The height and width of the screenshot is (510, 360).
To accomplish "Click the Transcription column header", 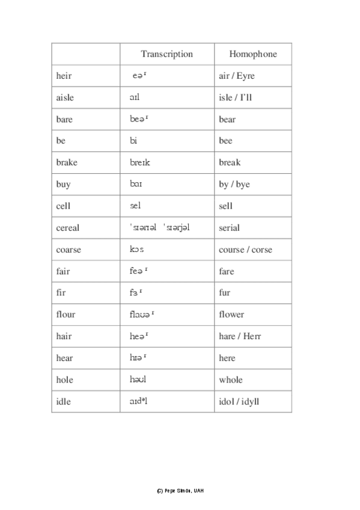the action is (166, 54).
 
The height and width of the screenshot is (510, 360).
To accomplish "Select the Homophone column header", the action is (253, 54).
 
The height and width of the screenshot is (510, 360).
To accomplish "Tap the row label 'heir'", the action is (63, 76).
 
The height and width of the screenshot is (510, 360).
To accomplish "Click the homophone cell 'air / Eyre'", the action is (237, 76).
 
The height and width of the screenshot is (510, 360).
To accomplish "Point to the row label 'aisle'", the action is (65, 97).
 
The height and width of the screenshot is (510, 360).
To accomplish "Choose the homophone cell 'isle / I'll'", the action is (235, 97).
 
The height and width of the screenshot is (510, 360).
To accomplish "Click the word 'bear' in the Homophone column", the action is (227, 119).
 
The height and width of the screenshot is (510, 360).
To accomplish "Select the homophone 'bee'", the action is (225, 141).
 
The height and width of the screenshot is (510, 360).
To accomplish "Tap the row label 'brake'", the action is (67, 162).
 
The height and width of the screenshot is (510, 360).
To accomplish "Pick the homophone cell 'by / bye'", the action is (234, 185).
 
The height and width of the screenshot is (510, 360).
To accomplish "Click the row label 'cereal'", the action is (67, 228).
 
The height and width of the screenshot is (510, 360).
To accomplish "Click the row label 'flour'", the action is (66, 315).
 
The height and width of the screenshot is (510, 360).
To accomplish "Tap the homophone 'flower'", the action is (231, 315).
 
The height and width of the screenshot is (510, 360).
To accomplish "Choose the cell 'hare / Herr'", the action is (240, 336).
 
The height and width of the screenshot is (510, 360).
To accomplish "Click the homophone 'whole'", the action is (231, 379).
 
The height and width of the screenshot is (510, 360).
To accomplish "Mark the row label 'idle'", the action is (63, 402).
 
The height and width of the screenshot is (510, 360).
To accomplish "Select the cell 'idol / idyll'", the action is (239, 402).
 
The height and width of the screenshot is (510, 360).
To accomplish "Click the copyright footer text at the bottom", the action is (180, 491).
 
